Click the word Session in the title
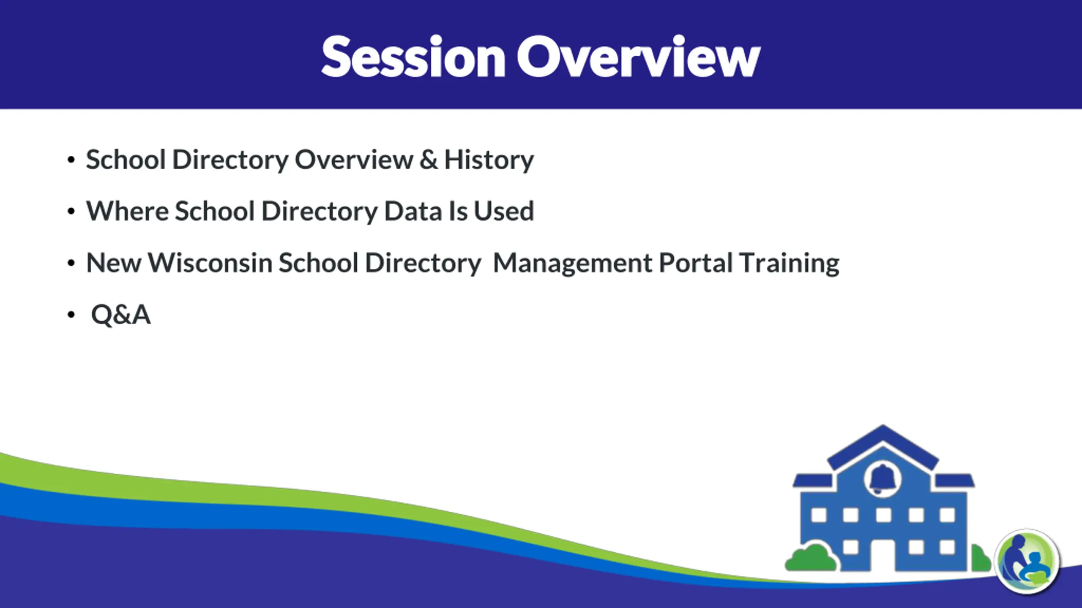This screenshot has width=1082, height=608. (413, 57)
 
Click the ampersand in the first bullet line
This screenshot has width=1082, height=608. (429, 160)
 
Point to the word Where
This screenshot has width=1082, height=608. (128, 211)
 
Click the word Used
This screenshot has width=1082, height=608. (504, 211)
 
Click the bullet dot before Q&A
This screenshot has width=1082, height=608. (71, 315)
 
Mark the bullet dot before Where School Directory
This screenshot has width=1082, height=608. (71, 211)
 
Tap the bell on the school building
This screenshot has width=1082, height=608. (883, 479)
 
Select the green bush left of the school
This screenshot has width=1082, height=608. (811, 558)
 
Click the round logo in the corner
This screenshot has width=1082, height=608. (1027, 561)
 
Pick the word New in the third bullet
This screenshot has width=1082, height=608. (114, 263)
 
